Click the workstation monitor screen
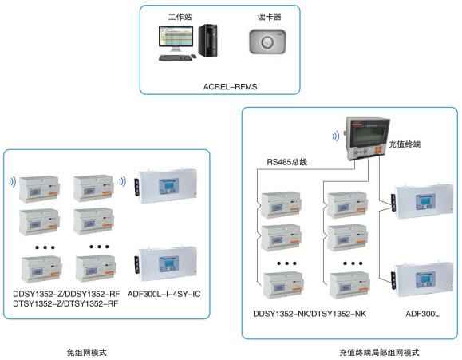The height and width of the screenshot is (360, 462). [176, 37]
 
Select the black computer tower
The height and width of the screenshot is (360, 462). [207, 41]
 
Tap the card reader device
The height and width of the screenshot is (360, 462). [267, 42]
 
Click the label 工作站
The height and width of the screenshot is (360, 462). [180, 17]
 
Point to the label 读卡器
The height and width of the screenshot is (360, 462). [270, 17]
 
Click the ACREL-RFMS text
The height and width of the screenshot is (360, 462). [230, 87]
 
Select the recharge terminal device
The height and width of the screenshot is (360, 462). [367, 138]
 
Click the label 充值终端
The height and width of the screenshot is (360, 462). [405, 144]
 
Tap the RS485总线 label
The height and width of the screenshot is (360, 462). [287, 162]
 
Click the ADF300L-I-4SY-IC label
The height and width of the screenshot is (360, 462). [164, 294]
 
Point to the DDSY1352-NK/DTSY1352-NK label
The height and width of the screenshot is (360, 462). [310, 314]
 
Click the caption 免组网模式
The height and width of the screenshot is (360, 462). [87, 352]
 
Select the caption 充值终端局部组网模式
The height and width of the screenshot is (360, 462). [379, 352]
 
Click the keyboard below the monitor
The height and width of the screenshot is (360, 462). [175, 58]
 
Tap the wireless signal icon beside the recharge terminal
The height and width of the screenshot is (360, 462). [336, 136]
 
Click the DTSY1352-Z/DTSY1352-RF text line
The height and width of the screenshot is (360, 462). [65, 303]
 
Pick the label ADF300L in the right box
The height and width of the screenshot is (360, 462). [422, 314]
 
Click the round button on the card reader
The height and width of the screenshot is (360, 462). [267, 42]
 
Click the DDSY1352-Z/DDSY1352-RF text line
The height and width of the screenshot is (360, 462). [66, 294]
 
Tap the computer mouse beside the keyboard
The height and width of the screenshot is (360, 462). [194, 56]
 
